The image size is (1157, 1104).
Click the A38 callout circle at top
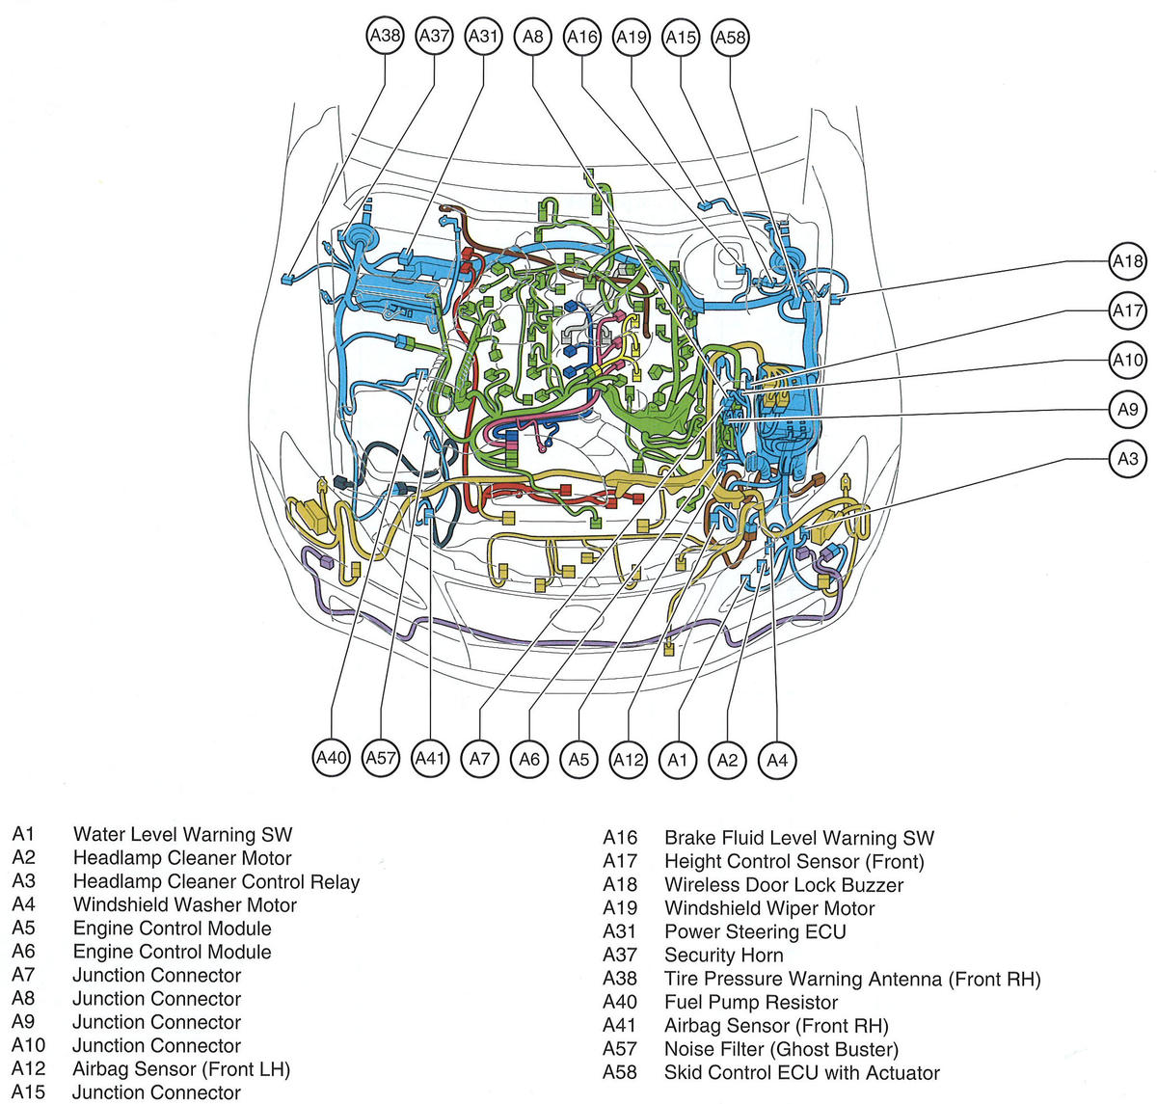386,37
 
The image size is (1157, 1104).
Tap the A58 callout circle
730,37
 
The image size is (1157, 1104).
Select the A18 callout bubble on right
1127,261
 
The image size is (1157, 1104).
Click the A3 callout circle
1127,459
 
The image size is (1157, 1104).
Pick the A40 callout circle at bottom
331,758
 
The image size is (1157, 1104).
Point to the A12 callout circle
628,760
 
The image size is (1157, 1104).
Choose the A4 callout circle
777,760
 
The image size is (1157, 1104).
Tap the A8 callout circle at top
532,37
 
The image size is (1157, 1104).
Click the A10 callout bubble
1127,361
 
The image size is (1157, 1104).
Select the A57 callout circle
381,758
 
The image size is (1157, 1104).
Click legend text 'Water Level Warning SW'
182,835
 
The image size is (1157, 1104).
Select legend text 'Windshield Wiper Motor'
769,908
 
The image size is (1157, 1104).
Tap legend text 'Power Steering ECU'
755,932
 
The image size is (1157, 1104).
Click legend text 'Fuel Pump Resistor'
751,1003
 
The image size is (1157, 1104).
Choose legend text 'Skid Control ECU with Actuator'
801,1073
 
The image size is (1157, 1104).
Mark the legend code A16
620,839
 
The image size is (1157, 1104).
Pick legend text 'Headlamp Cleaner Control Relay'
216,881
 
